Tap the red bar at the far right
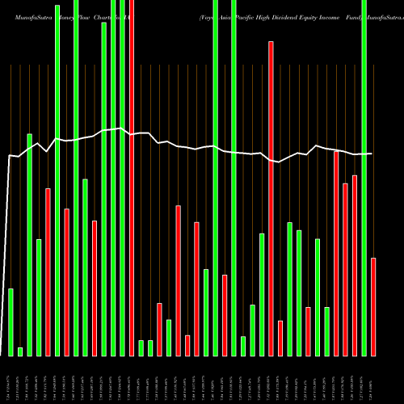click(373, 306)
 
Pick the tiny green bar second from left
click(20, 351)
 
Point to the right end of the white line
click(372, 154)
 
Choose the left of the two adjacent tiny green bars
click(141, 347)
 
